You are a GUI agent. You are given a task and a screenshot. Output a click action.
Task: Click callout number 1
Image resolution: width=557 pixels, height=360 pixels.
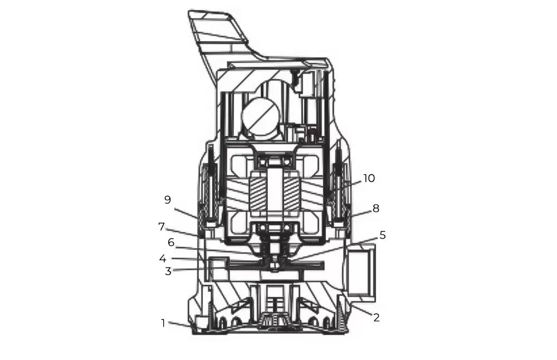tap(163, 323)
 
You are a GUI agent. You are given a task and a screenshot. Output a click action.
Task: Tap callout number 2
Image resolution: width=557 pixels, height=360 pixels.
tap(377, 317)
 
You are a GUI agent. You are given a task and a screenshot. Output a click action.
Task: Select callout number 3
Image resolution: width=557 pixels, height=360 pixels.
tap(168, 271)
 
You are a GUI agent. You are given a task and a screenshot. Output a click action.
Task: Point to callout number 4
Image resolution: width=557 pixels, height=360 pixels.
tap(163, 259)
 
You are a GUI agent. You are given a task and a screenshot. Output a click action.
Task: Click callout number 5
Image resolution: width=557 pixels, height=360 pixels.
tap(382, 235)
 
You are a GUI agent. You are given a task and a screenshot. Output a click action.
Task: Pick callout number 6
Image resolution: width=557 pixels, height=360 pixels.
tap(171, 242)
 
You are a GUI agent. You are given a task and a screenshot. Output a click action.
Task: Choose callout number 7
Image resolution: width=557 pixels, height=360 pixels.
tap(162, 227)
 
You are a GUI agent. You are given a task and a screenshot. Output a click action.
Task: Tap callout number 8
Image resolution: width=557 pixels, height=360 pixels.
tap(376, 208)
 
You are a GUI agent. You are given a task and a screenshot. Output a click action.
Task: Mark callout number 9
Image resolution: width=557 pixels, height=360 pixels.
tap(168, 200)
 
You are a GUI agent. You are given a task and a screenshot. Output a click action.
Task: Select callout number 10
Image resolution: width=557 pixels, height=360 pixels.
tap(369, 178)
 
